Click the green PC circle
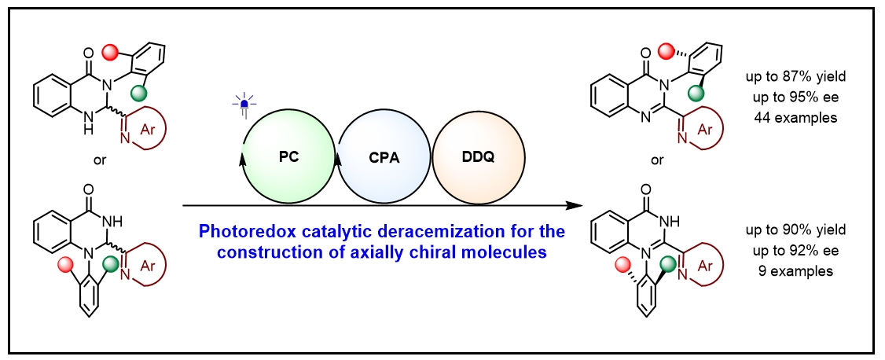tap(288, 158)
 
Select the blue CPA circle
tap(384, 158)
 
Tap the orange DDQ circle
tap(479, 158)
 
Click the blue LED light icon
tap(244, 104)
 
